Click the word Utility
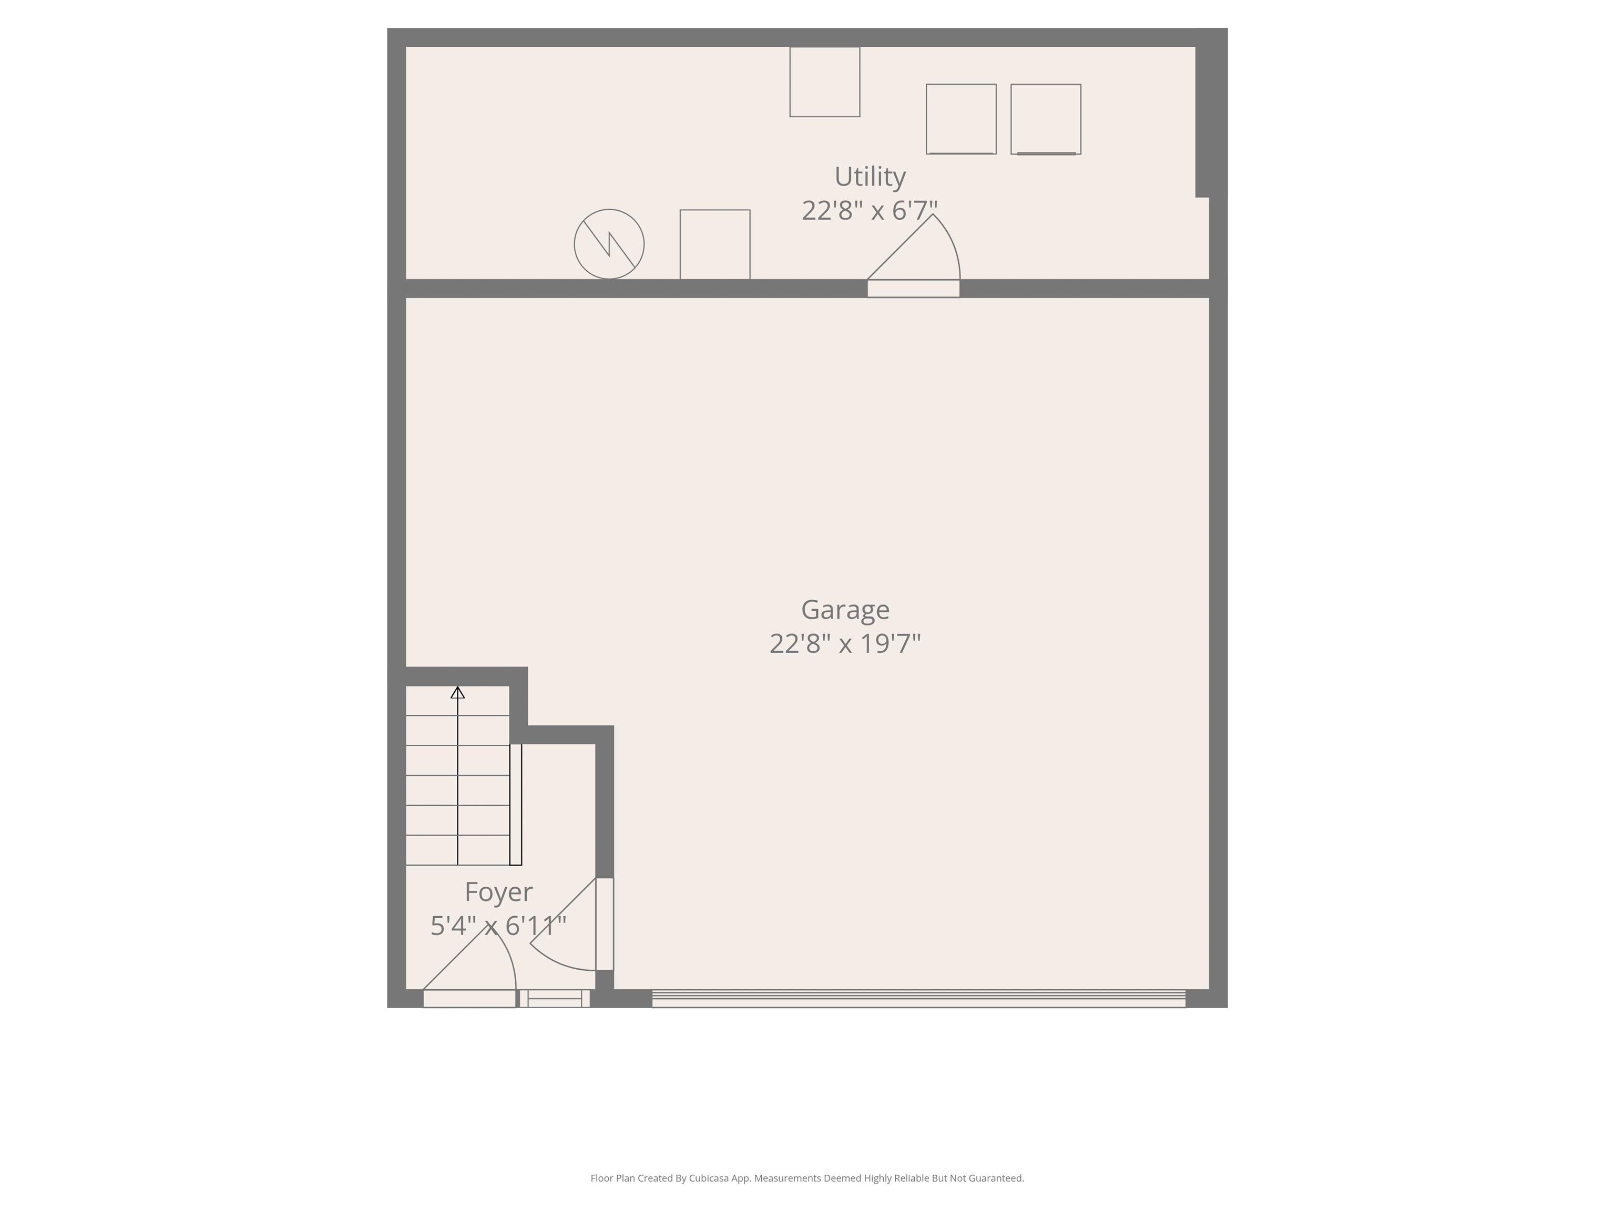tap(870, 177)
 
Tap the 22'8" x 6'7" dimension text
tap(870, 211)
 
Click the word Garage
tap(845, 610)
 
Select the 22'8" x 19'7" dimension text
tap(845, 644)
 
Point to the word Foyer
tap(499, 892)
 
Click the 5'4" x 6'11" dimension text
tap(499, 926)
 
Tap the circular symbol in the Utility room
tap(609, 244)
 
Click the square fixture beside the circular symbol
tap(715, 244)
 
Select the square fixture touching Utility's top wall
tap(824, 82)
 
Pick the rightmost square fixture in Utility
tap(1046, 119)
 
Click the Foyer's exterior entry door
tap(469, 998)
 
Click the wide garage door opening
tap(918, 998)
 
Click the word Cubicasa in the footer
tap(709, 1178)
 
